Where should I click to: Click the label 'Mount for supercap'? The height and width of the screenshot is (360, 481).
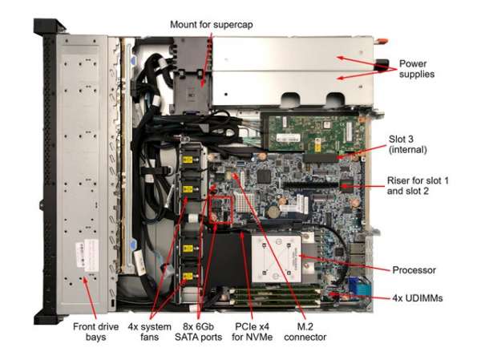[212, 24]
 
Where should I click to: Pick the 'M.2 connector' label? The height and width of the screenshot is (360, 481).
[305, 332]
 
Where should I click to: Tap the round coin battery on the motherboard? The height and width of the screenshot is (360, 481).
[273, 212]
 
